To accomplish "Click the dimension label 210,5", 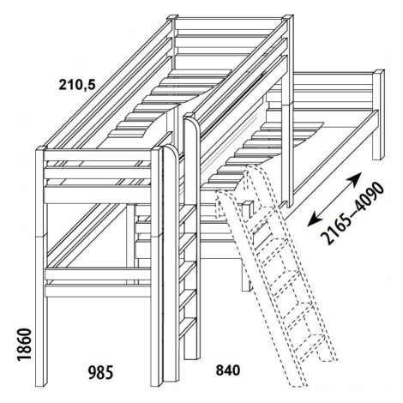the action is click(76, 85).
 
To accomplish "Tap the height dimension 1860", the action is click(24, 345).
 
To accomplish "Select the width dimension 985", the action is click(100, 373).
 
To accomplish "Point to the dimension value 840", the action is click(228, 370).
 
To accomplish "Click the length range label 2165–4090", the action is click(352, 213).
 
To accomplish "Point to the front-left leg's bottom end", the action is click(40, 384).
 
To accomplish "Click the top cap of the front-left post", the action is click(41, 149).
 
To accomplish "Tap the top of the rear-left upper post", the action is click(172, 17).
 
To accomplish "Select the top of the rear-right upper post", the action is click(288, 17).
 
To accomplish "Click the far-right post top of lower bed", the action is click(379, 72).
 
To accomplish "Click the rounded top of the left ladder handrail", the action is click(171, 150).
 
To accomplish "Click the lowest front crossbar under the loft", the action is click(98, 291).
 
